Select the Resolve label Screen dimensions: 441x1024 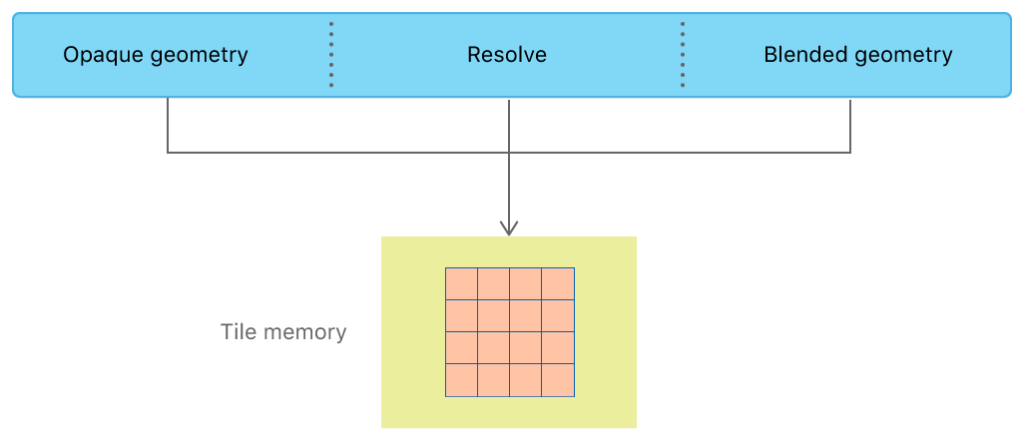tap(507, 55)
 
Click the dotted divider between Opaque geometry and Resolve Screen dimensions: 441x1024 tap(331, 55)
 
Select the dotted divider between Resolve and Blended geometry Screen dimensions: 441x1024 tap(683, 55)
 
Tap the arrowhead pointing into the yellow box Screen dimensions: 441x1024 tap(510, 228)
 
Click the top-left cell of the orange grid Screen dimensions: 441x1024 tap(461, 283)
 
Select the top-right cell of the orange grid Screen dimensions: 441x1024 tap(558, 283)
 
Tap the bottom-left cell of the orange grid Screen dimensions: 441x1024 tap(461, 380)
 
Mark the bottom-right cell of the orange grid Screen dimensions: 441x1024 tap(558, 380)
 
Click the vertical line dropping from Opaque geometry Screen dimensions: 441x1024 tap(168, 125)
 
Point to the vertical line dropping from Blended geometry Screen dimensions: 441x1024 tap(850, 125)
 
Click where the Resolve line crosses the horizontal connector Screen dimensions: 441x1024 tap(510, 153)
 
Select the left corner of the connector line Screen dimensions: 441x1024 tap(168, 153)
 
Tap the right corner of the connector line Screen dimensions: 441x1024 tap(850, 153)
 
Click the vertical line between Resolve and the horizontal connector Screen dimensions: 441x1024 tap(510, 125)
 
